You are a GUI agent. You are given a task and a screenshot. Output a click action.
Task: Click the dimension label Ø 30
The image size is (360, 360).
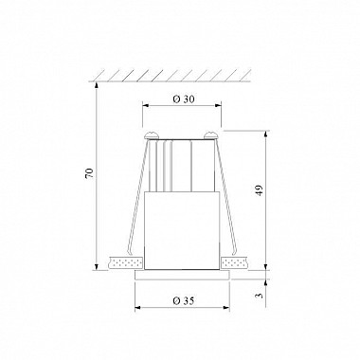tap(184, 99)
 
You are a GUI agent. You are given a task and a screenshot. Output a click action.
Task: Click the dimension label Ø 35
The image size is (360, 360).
tap(184, 301)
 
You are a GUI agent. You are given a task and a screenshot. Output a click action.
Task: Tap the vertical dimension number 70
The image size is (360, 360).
tap(90, 173)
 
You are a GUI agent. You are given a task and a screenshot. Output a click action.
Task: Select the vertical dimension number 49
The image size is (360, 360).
tap(259, 191)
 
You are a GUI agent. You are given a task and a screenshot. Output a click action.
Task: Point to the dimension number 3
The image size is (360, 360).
tap(259, 296)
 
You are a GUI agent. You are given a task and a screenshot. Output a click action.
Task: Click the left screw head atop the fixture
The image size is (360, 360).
tap(152, 135)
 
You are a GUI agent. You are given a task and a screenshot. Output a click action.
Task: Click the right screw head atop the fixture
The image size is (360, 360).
tap(210, 135)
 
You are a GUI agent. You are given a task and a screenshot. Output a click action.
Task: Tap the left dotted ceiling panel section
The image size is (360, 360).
tap(126, 262)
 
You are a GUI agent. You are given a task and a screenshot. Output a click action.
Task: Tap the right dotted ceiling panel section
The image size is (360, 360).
tap(234, 262)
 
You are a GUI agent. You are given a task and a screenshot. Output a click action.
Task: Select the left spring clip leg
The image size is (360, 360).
tap(137, 196)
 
